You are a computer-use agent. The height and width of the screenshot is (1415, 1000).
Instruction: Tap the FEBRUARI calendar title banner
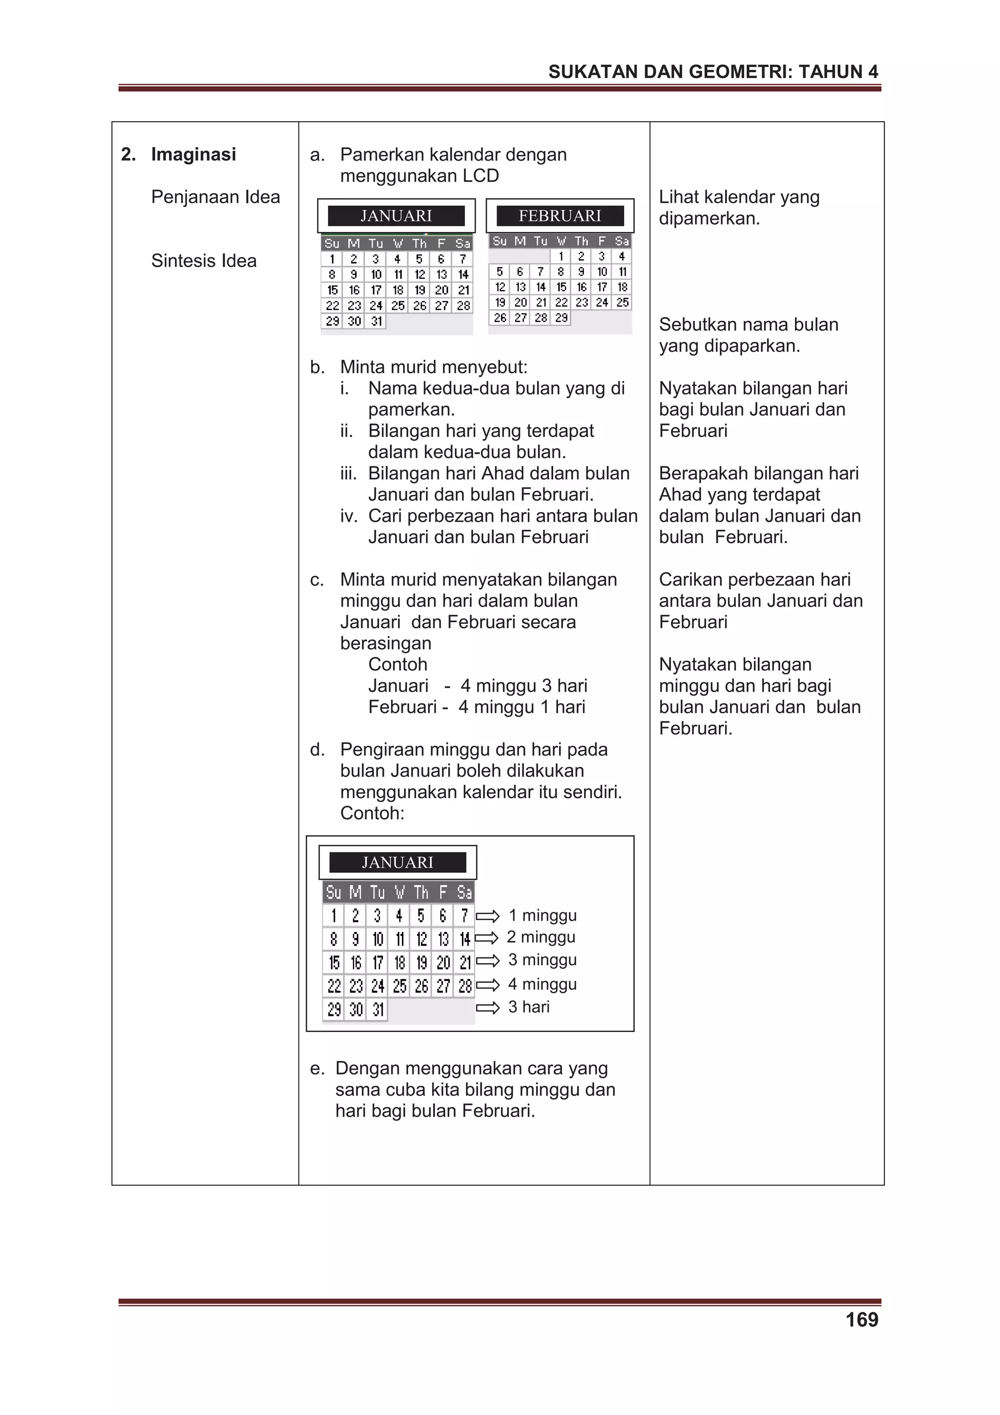point(560,216)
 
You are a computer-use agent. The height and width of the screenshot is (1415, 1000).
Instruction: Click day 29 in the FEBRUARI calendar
point(561,318)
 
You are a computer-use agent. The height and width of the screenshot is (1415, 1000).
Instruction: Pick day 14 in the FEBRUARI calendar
point(541,287)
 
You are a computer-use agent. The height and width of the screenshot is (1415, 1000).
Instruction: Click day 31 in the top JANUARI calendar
point(376,321)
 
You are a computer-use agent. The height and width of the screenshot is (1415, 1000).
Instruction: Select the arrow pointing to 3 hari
point(488,1008)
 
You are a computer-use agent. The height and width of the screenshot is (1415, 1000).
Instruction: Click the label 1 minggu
point(542,915)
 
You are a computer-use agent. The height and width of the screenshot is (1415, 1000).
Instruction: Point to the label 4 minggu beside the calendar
point(542,984)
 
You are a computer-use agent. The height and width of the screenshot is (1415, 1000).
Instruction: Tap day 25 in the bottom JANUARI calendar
point(399,986)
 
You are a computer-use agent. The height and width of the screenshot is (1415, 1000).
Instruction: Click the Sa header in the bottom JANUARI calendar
point(464,892)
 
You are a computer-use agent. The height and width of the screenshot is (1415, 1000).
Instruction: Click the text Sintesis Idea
point(204,261)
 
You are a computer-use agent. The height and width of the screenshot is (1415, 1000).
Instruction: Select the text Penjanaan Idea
point(216,197)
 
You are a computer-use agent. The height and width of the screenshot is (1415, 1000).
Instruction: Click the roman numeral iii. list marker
point(349,473)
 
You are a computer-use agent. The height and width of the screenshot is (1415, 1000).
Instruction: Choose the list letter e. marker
point(317,1068)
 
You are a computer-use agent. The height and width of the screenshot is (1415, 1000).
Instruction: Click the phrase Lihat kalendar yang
point(739,197)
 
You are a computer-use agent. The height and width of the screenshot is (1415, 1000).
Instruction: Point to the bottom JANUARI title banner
point(397,862)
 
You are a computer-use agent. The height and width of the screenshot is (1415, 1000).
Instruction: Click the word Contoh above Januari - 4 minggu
point(397,664)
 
